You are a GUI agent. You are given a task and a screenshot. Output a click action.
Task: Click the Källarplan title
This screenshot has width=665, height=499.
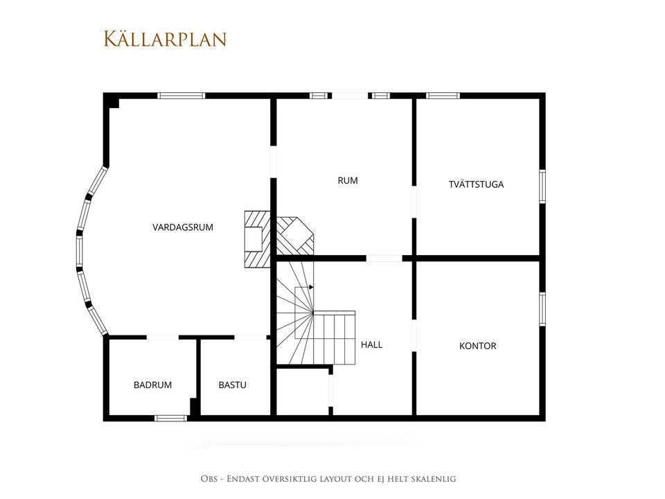tap(165, 39)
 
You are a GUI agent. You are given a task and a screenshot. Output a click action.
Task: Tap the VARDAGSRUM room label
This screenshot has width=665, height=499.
tap(183, 227)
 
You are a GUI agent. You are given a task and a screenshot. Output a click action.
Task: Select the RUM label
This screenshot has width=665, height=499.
tap(348, 181)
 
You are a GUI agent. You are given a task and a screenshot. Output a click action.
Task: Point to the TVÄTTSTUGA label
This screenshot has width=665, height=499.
tap(477, 184)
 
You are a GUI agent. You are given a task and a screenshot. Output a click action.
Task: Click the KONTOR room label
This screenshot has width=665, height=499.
tap(477, 347)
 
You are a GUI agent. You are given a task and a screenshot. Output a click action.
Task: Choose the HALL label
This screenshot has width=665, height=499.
tap(371, 345)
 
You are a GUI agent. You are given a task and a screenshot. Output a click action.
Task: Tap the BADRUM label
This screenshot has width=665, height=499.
tap(152, 385)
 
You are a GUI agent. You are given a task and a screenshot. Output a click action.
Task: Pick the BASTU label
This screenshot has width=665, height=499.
tap(233, 385)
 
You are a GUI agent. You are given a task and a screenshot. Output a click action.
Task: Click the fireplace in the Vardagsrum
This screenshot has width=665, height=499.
tap(257, 239)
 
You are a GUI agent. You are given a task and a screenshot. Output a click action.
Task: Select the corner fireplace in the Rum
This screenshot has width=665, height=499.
tap(295, 236)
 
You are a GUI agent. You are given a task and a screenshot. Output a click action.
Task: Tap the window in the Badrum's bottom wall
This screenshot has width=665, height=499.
tap(170, 419)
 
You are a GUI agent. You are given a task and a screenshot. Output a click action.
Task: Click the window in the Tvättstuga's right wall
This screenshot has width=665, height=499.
tap(542, 186)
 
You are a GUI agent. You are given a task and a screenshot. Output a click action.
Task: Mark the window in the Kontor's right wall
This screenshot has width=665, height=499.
tap(542, 309)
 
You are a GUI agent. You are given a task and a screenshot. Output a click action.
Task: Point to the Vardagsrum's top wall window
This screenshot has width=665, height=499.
tap(181, 96)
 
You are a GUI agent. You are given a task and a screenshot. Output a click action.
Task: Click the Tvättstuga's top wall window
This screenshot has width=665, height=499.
tap(443, 96)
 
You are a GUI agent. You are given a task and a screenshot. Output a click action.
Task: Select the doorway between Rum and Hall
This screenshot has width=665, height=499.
tap(384, 259)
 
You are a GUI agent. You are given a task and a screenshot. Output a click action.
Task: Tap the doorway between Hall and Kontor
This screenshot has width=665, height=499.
tap(414, 335)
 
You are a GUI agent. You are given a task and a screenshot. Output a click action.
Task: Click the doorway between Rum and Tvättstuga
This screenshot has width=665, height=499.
tap(414, 202)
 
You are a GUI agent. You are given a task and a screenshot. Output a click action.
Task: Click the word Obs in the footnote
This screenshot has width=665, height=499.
tap(209, 479)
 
